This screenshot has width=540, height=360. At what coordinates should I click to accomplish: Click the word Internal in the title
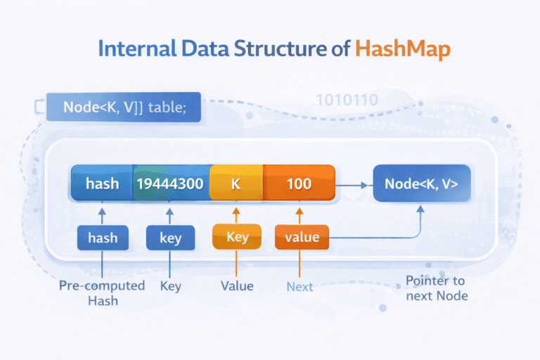pyautogui.click(x=136, y=50)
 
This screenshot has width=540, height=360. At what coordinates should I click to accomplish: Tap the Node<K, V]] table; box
pyautogui.click(x=123, y=108)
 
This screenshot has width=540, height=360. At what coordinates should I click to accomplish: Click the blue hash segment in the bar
pyautogui.click(x=102, y=184)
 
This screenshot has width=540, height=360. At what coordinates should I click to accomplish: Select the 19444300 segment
pyautogui.click(x=171, y=184)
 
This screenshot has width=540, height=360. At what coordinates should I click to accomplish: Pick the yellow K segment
pyautogui.click(x=236, y=184)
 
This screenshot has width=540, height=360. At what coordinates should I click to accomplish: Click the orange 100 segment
pyautogui.click(x=299, y=184)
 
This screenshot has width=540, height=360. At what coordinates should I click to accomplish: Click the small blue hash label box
pyautogui.click(x=103, y=238)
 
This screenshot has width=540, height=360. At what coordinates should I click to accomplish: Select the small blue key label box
pyautogui.click(x=170, y=238)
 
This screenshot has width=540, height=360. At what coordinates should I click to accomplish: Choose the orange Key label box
pyautogui.click(x=237, y=237)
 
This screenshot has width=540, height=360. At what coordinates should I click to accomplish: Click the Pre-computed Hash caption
pyautogui.click(x=103, y=293)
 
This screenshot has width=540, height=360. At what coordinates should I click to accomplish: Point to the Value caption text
pyautogui.click(x=237, y=286)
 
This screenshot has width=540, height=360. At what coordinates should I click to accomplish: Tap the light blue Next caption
pyautogui.click(x=300, y=287)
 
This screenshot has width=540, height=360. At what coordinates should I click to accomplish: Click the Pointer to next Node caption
pyautogui.click(x=437, y=288)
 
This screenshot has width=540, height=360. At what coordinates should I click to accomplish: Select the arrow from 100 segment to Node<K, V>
pyautogui.click(x=353, y=186)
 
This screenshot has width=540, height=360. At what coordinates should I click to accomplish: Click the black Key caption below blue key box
pyautogui.click(x=170, y=286)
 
